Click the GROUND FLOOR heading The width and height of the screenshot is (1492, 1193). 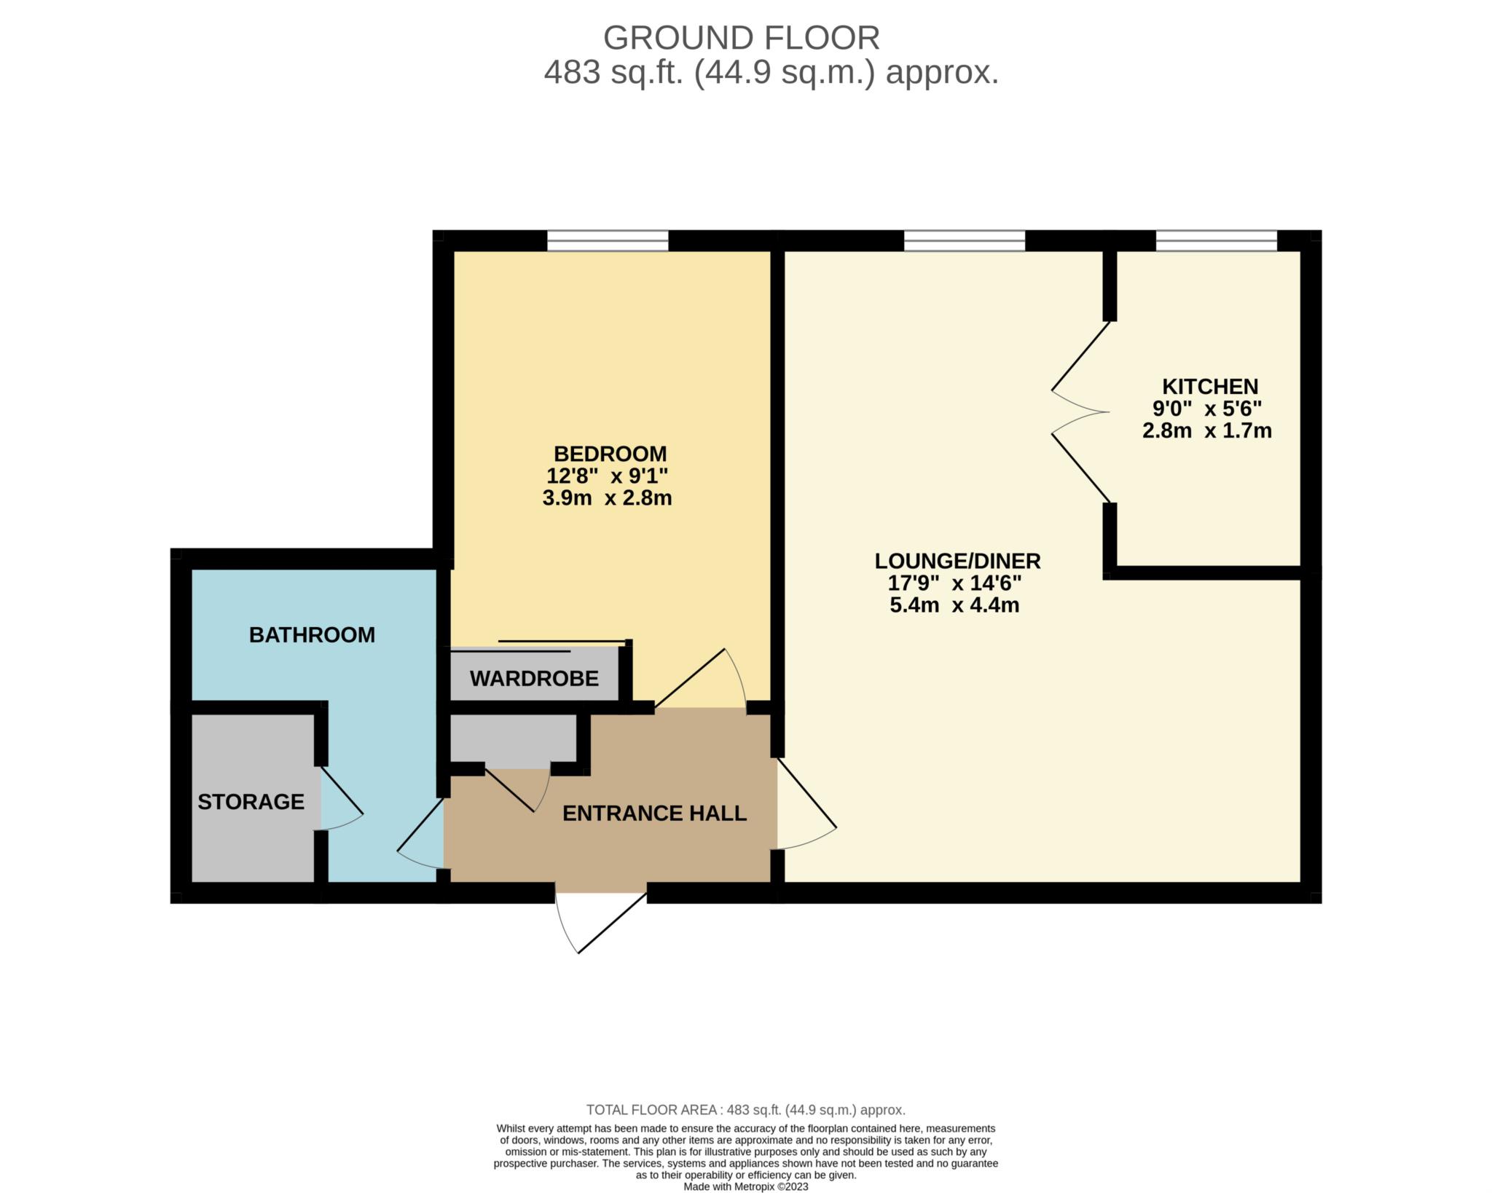coord(742,38)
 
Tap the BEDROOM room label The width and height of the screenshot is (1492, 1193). coord(610,454)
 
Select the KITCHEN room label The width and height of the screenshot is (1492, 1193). coord(1210,386)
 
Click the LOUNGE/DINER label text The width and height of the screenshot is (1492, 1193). coord(957,561)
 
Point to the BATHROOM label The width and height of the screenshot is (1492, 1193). coord(312,635)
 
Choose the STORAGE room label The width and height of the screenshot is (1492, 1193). coord(251,802)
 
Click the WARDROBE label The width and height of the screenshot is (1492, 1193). coord(534,679)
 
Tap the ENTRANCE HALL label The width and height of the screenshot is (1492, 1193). coord(655,813)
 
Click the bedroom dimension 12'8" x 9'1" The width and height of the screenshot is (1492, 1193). coord(608,476)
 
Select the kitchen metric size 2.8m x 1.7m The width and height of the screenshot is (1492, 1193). coord(1207,430)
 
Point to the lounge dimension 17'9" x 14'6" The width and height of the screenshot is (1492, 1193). coord(954,583)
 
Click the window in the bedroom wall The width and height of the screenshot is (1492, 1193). coord(608,241)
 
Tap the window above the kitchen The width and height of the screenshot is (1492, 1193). coord(1217,241)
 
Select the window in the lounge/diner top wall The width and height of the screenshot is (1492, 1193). coord(965,241)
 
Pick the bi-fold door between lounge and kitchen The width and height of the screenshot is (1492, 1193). coord(1081,412)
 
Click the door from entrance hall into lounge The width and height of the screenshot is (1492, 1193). coord(807,803)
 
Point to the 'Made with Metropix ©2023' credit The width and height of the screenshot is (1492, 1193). coord(746,1186)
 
